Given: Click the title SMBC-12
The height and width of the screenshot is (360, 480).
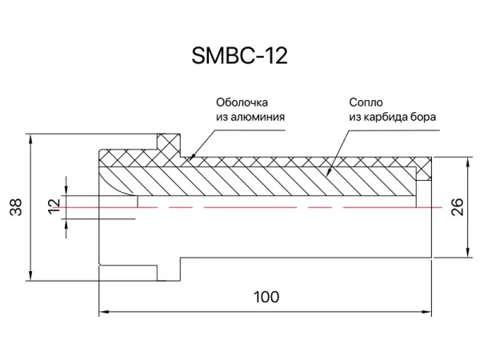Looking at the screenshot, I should click(239, 55).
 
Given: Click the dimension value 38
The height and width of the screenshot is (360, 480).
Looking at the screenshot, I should click(15, 206).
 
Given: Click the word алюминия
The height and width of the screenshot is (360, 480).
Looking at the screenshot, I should click(261, 117).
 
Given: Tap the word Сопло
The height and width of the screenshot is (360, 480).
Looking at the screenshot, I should click(364, 102).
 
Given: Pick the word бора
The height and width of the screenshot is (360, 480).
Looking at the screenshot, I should click(425, 117).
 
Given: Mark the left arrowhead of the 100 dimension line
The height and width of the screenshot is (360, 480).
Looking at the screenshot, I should click(102, 311).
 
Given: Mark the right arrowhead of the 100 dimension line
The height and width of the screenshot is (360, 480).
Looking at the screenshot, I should click(431, 311).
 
